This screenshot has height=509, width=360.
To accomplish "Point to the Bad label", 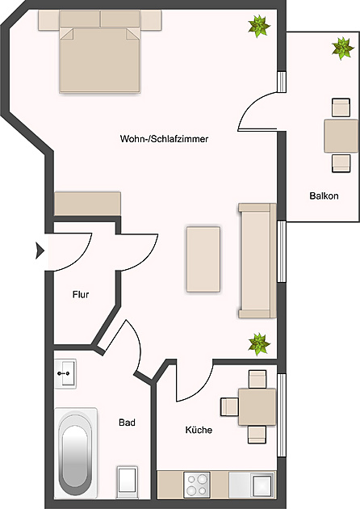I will [x=127, y=423].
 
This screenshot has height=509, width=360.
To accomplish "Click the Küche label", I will [x=199, y=430].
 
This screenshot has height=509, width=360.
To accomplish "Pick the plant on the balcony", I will [x=342, y=49].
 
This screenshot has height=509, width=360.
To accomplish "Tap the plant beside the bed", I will [x=258, y=27].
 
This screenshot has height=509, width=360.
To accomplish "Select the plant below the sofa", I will [x=258, y=343].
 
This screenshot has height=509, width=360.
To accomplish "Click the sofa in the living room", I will [x=257, y=260].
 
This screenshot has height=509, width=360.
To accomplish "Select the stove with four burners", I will [x=197, y=484].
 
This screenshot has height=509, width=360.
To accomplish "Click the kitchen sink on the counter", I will [x=260, y=485].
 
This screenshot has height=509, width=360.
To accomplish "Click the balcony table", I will [x=341, y=136].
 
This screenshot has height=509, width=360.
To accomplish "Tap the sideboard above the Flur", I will [x=87, y=202].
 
